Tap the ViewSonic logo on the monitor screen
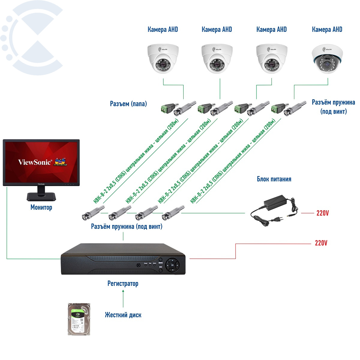point(35,162)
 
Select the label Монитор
point(41,207)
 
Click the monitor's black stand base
point(41,196)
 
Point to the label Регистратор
point(123,283)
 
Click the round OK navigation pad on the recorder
point(172,265)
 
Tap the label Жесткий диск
point(123,315)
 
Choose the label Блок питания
point(274,179)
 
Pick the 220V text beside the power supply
point(322,213)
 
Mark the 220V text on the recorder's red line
point(321,243)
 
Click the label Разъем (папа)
point(128,104)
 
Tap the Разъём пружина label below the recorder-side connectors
point(127,226)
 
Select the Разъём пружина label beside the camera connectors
point(333,106)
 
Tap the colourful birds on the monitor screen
point(60,161)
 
